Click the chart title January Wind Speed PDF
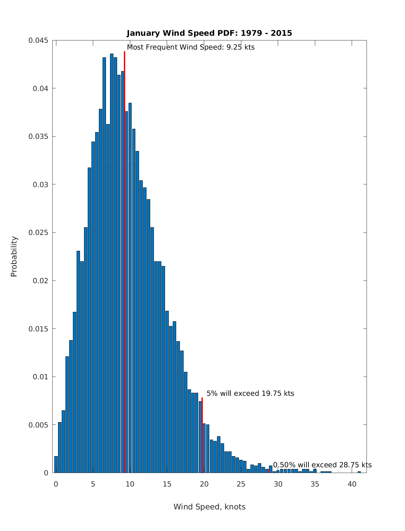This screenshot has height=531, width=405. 209,33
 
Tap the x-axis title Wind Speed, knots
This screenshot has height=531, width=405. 209,507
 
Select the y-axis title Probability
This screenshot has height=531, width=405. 14,256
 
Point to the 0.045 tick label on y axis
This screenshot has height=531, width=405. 38,40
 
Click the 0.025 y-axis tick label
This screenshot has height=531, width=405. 38,233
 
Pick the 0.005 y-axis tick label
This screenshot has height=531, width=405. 38,425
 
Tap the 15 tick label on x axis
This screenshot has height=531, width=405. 167,484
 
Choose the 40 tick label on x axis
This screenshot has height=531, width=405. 352,484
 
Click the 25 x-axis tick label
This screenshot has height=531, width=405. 241,484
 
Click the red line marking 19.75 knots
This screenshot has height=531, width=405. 202,435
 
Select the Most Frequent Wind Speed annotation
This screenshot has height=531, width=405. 191,47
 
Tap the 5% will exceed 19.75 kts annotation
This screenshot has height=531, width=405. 250,393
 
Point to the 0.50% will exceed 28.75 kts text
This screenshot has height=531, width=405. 322,465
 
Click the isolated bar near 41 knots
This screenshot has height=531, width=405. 359,472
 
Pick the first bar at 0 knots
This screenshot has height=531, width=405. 56,465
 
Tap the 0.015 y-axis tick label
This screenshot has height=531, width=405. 38,329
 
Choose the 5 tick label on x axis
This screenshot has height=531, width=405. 93,484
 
